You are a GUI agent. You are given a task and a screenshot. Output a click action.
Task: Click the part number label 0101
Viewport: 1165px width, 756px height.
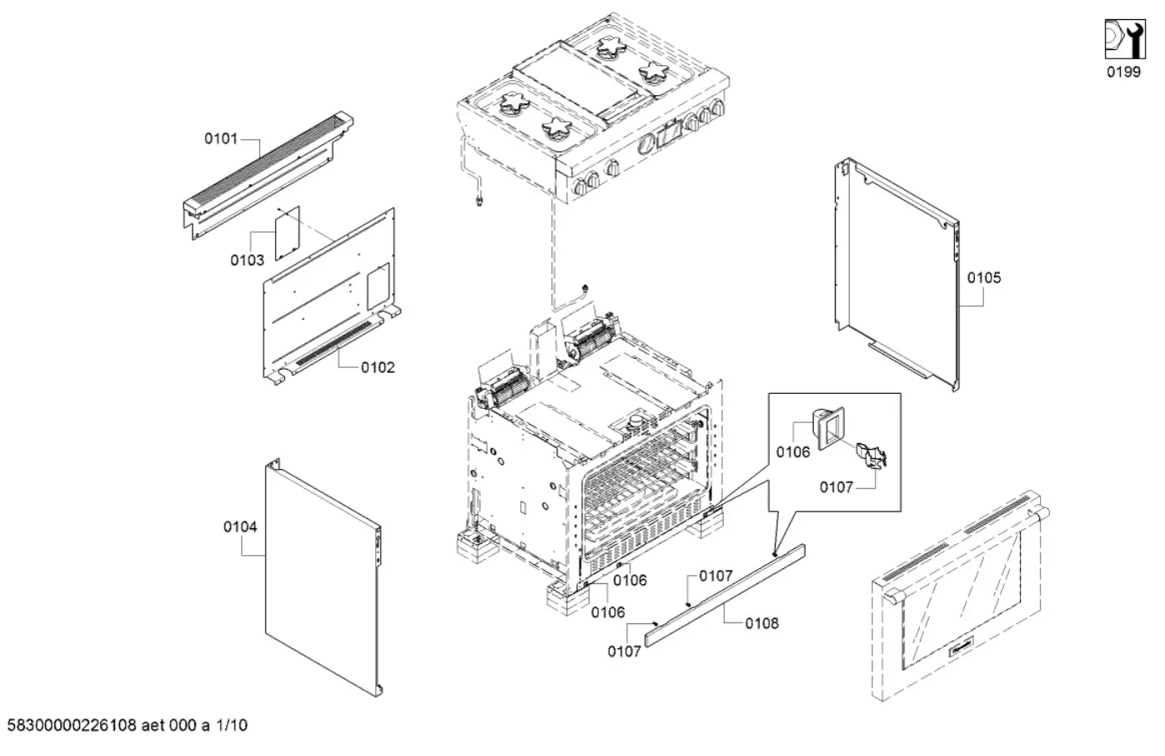pyautogui.click(x=221, y=139)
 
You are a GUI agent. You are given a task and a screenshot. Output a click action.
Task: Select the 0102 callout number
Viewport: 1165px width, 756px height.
pyautogui.click(x=378, y=367)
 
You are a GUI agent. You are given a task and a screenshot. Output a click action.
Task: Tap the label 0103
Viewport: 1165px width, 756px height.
pyautogui.click(x=247, y=260)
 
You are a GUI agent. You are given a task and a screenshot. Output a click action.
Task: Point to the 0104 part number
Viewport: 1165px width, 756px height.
pyautogui.click(x=240, y=527)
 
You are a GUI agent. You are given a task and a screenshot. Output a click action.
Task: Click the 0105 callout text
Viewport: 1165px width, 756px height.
pyautogui.click(x=984, y=278)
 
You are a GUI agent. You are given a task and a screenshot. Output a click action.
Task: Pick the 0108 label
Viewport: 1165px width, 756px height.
pyautogui.click(x=761, y=623)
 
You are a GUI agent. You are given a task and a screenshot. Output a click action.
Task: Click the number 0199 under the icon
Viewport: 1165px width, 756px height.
pyautogui.click(x=1123, y=72)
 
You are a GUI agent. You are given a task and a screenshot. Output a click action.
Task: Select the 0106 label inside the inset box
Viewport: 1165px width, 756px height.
pyautogui.click(x=792, y=452)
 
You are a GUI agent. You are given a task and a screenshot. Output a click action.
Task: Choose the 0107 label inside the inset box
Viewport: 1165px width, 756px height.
pyautogui.click(x=836, y=487)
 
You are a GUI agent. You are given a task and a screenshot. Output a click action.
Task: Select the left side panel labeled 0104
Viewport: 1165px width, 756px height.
pyautogui.click(x=321, y=576)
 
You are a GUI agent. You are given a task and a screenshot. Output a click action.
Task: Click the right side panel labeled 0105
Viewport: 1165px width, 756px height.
pyautogui.click(x=896, y=275)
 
